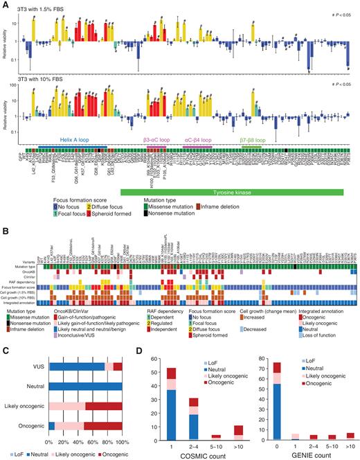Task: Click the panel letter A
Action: [x=4, y=4]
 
